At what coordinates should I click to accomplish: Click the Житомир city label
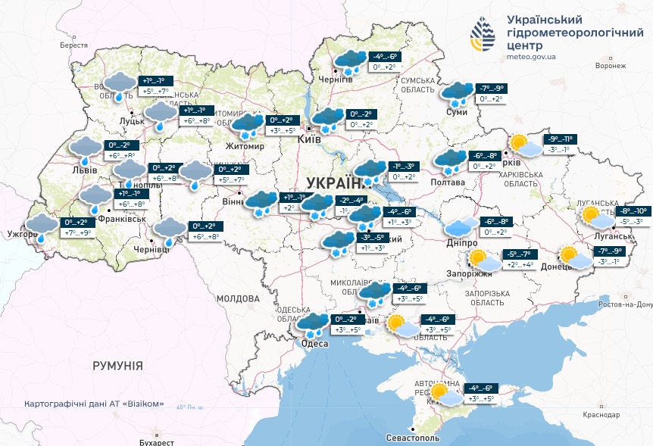pos(244,146)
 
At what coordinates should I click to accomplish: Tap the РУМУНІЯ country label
pos(117,366)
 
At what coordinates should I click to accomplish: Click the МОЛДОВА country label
pos(239,298)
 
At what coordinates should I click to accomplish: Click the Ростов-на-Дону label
pos(624,304)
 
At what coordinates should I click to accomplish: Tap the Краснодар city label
pos(602,414)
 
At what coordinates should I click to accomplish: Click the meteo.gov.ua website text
pos(532,56)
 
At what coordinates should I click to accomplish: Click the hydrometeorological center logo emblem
pos(483,36)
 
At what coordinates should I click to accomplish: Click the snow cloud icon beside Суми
pos(457,94)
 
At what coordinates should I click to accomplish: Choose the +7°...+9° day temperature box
pos(77,232)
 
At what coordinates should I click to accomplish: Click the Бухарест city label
pos(156,441)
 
